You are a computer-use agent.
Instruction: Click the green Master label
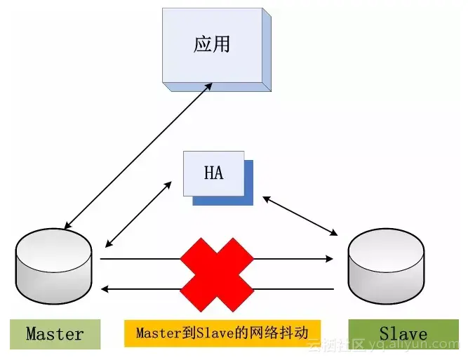[55, 334]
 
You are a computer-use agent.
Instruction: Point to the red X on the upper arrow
[217, 259]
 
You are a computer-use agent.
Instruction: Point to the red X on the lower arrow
[217, 288]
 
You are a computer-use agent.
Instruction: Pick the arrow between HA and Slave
[300, 215]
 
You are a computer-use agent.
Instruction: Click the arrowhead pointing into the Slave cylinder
[330, 259]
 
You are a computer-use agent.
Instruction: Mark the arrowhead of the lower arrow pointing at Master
[106, 288]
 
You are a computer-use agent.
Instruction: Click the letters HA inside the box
[213, 173]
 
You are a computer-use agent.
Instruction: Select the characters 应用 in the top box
[212, 45]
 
